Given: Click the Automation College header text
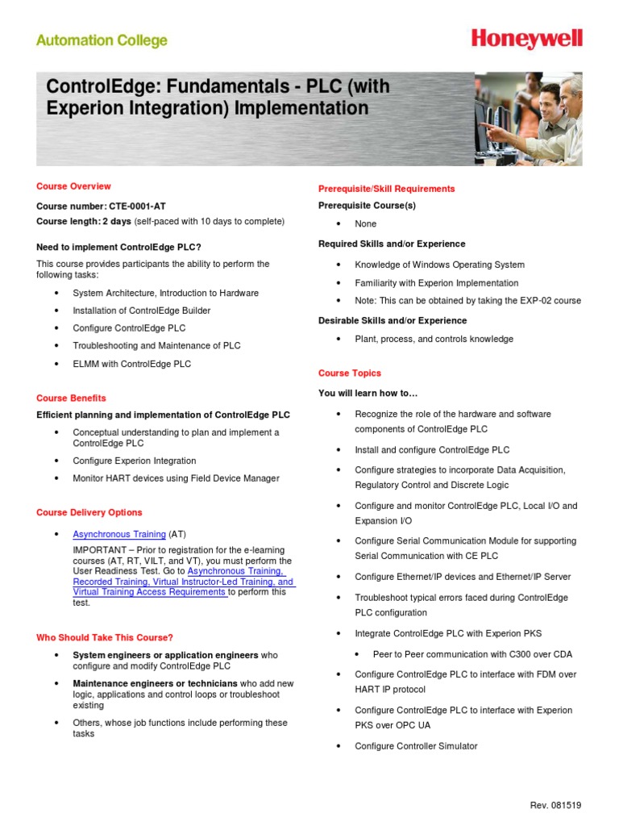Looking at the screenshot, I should tap(102, 40).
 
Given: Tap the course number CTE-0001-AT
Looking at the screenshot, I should tap(137, 206).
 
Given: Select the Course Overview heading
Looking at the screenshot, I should tap(73, 186).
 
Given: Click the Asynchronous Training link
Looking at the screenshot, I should tap(119, 534).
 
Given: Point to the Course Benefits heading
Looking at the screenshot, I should tap(71, 398).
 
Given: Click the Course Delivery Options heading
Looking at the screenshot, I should tap(89, 512).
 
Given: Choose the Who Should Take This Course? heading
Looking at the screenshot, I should tap(105, 637).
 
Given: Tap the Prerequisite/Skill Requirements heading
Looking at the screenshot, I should tap(387, 189).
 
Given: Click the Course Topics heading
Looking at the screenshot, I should tap(350, 373).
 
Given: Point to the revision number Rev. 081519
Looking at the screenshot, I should tap(555, 805).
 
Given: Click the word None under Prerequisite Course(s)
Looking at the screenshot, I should tap(366, 224).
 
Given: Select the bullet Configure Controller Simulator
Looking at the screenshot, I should tap(416, 746).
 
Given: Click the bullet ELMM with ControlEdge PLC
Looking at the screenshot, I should tap(132, 364).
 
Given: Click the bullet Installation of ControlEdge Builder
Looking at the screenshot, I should tap(142, 311).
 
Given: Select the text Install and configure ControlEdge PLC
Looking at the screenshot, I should tap(432, 450).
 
